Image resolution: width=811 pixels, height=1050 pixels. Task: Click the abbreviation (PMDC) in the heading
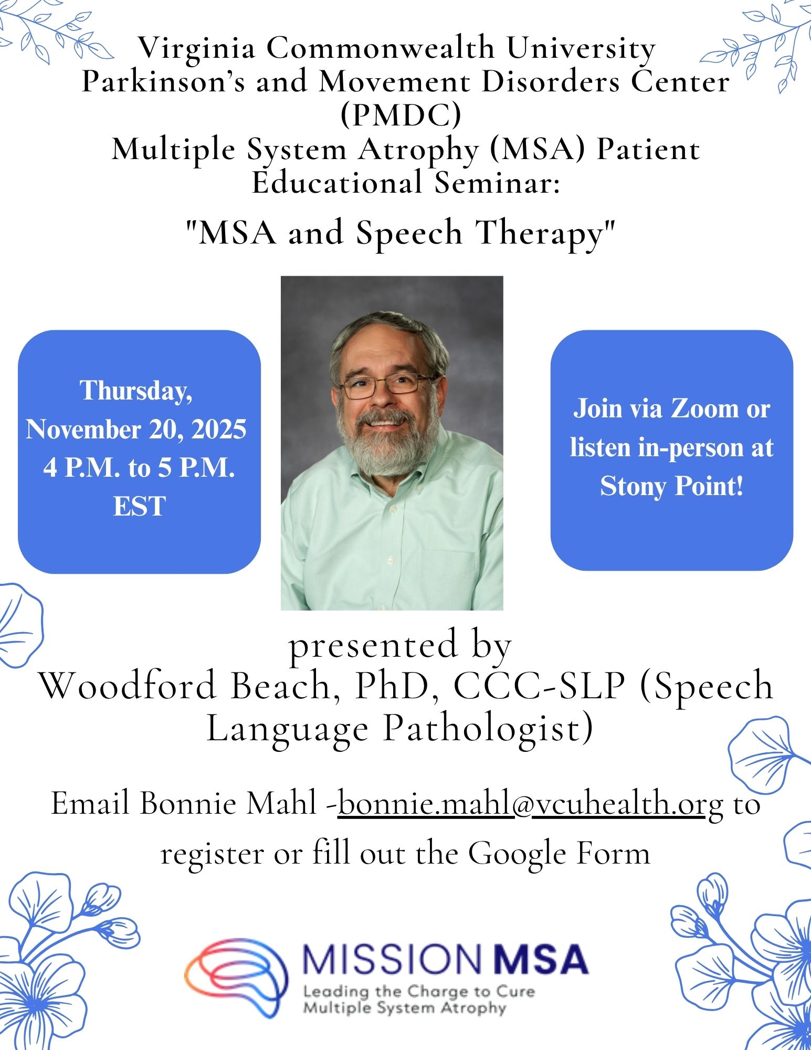[401, 115]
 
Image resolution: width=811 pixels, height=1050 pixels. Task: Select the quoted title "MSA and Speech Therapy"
[401, 233]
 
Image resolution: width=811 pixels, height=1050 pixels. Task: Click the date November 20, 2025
[136, 429]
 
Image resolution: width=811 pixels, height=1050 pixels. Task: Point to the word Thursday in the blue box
[136, 391]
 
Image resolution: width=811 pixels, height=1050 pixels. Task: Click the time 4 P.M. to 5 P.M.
[139, 467]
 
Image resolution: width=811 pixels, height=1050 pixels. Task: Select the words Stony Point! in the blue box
[672, 486]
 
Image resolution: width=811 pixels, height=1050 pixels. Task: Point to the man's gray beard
[387, 441]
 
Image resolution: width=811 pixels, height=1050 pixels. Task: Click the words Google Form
[560, 854]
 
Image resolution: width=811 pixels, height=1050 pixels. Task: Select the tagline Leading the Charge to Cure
[419, 992]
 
